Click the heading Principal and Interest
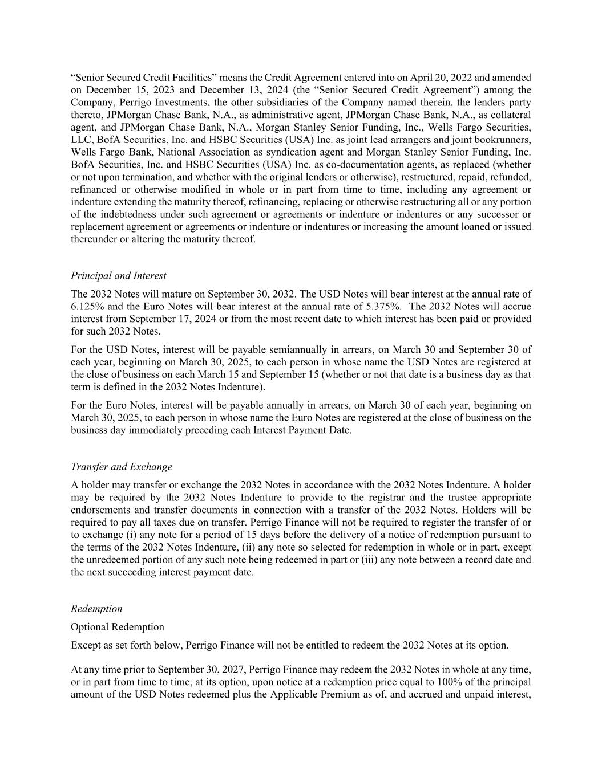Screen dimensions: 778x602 (x=119, y=276)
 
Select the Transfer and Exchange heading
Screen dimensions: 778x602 (x=122, y=467)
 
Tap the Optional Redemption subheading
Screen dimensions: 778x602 (x=118, y=627)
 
